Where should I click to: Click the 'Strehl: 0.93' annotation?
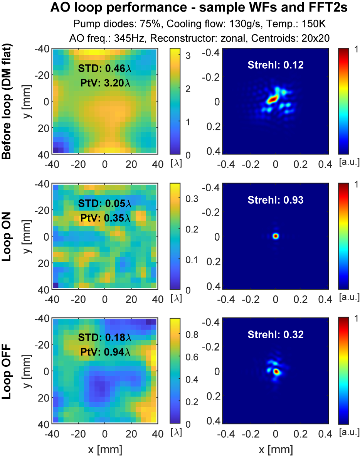(x=276, y=200)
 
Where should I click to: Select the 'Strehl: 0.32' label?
(x=276, y=334)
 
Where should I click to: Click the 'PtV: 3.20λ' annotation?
(x=105, y=82)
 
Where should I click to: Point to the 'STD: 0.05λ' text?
(x=105, y=204)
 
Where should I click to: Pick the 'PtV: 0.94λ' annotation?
(x=105, y=352)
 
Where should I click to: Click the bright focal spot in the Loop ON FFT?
(x=276, y=236)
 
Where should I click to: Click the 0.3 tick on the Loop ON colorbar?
(x=188, y=199)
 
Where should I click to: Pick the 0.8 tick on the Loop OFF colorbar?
(x=188, y=335)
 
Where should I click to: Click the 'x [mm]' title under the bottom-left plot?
(x=105, y=449)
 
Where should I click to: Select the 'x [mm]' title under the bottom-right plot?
(x=276, y=449)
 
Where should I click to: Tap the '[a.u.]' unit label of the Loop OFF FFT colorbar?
(x=349, y=433)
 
